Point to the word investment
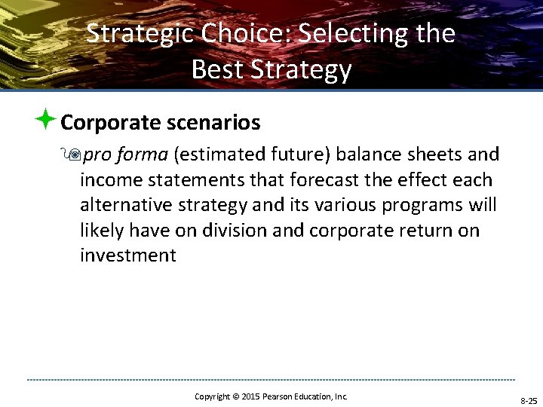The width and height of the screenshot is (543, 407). click(x=127, y=256)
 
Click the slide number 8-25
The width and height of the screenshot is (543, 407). click(x=527, y=400)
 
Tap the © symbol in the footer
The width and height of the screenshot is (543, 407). click(x=235, y=396)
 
